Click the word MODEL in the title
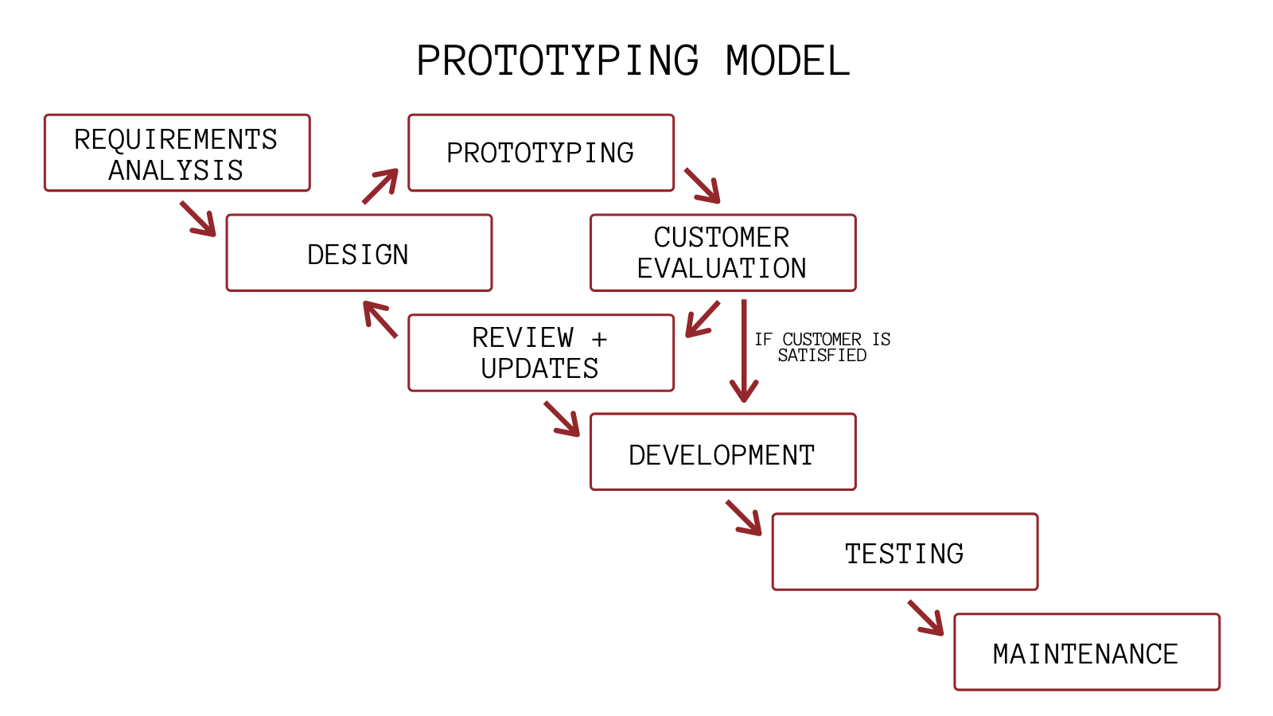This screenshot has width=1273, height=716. coord(787,61)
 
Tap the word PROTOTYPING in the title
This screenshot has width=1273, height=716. coord(558,61)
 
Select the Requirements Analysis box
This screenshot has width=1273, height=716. coord(177,153)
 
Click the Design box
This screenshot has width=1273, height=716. coord(359,253)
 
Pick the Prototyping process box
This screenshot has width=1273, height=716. coord(540,153)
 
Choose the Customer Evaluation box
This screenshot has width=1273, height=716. coord(722,253)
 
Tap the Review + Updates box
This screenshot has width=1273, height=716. coord(540,352)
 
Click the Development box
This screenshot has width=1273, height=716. coord(722,452)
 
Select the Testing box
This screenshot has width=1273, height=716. coord(905,552)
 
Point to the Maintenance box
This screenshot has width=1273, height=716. coord(1086,652)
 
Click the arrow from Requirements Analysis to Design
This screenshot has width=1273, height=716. coord(198,219)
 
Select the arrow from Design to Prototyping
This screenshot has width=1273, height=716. coord(380,185)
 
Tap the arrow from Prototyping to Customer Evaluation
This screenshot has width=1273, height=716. coord(703,185)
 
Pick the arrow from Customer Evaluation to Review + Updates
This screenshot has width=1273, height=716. coord(703,319)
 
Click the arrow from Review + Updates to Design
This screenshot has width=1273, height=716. coord(380,319)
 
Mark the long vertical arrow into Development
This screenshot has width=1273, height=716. coord(744,350)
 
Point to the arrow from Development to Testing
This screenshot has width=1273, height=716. coord(744,518)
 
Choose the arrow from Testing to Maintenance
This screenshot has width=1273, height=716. coord(926,618)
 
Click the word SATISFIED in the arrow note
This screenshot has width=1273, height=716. coord(822,356)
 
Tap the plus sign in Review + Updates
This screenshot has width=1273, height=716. coord(599,339)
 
